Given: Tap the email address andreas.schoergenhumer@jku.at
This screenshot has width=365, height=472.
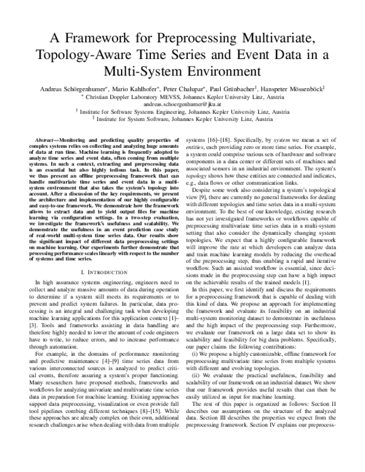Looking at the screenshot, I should pos(182,104).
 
